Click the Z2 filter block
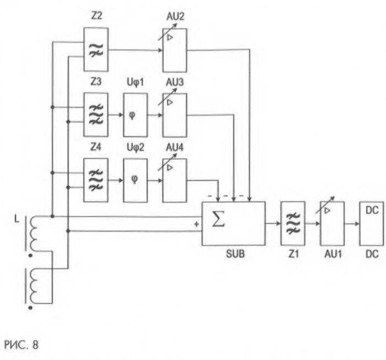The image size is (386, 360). pos(95,50)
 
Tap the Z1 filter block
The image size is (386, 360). pos(293,224)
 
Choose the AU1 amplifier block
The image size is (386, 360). pos(332,224)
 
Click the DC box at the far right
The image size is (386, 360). pos(371,224)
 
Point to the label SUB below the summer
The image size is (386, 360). pos(234,255)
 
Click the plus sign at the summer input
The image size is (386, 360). pos(196,224)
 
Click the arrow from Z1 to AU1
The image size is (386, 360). pos(313,224)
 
